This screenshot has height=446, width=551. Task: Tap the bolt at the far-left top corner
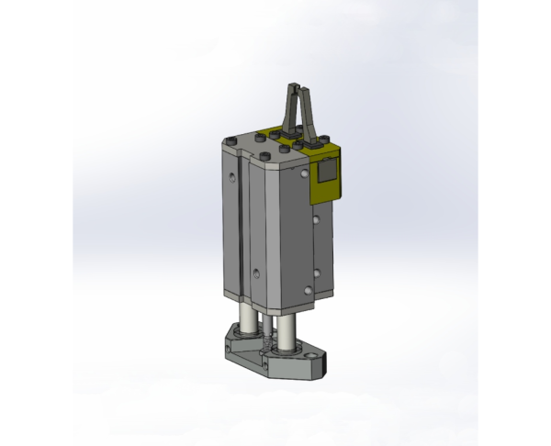click(227, 139)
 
